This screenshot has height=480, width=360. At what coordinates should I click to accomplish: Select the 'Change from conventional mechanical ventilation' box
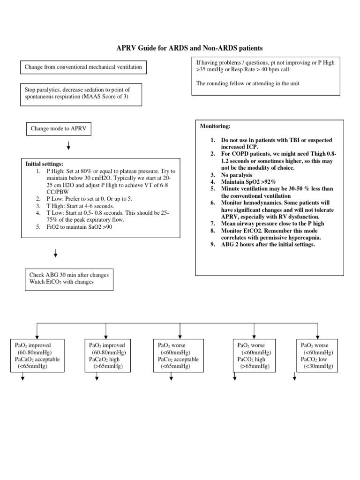point(83,67)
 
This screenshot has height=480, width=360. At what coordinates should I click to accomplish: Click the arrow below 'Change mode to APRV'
point(68,147)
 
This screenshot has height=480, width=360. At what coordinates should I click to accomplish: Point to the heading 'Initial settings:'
point(45,164)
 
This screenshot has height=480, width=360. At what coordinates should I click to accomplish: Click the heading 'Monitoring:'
point(215,127)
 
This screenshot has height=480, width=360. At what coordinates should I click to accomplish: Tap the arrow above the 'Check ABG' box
point(56,254)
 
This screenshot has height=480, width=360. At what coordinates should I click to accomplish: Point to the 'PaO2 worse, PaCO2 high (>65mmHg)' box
point(254,356)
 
